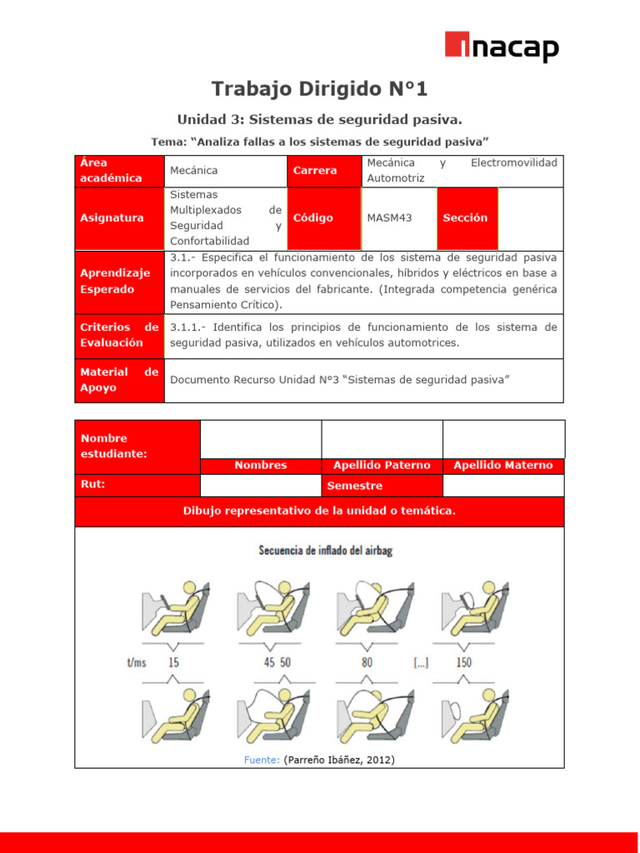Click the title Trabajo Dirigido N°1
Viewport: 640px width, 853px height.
(319, 88)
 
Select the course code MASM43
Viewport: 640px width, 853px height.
(389, 217)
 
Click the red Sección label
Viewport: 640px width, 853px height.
(466, 217)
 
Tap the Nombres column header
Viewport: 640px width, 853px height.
(261, 466)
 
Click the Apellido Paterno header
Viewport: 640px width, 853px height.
(382, 466)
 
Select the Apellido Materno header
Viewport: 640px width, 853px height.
(503, 466)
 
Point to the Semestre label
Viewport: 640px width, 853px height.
(355, 486)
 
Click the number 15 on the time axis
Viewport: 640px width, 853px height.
(174, 662)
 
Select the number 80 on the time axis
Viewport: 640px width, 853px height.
(367, 662)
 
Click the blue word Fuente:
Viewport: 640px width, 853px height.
(262, 760)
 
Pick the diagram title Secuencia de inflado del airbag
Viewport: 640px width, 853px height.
(325, 550)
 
